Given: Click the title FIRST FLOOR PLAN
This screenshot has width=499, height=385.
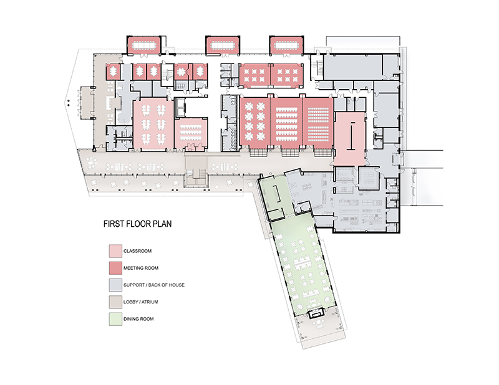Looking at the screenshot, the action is (x=137, y=224).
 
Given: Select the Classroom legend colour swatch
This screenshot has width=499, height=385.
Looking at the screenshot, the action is (x=115, y=251).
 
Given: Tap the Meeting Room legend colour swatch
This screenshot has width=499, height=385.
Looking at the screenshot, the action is (x=115, y=268).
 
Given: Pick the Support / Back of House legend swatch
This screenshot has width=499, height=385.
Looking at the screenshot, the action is (x=115, y=285).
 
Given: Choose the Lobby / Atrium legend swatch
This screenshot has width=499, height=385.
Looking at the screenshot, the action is (x=115, y=302).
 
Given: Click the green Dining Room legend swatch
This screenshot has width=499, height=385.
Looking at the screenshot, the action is (x=115, y=319).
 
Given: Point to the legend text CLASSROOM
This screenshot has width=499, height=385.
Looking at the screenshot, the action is (x=137, y=251).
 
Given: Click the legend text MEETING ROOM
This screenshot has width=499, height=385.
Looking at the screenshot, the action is (x=141, y=268).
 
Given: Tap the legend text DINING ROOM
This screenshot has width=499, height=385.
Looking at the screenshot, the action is (x=138, y=319).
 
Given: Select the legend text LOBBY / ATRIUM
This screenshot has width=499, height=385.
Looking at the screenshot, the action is (x=141, y=302).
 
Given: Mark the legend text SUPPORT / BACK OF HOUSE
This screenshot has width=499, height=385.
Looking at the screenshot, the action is (x=154, y=285).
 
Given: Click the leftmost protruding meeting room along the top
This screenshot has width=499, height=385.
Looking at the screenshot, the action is (x=144, y=45).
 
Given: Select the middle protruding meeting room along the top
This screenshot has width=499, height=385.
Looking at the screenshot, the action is (x=223, y=45).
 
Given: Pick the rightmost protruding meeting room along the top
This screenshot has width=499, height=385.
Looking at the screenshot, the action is (x=286, y=45).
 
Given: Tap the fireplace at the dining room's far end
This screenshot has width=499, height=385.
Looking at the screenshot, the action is (x=316, y=313).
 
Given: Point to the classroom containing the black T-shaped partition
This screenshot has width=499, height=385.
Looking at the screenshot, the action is (x=350, y=138).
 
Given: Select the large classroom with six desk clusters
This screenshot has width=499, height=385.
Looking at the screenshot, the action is (x=153, y=125).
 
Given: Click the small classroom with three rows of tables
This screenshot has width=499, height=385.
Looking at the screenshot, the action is (x=191, y=134).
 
